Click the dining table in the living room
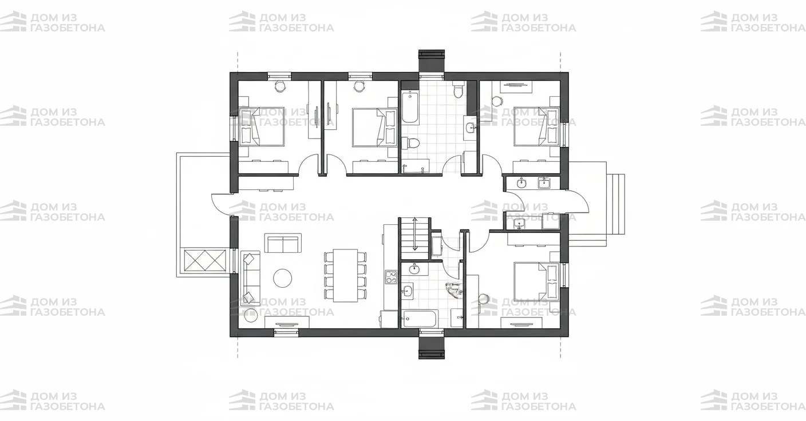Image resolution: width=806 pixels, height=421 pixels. [x=345, y=275]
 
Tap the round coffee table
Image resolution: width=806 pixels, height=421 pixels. [x=283, y=278]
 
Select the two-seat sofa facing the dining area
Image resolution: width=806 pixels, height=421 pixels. [x=283, y=243]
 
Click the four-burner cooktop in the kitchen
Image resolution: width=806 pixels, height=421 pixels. [x=391, y=277]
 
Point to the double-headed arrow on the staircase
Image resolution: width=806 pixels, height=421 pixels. [x=415, y=234]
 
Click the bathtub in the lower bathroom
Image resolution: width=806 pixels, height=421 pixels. [x=420, y=318]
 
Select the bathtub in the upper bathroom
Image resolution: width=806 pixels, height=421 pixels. [x=410, y=107]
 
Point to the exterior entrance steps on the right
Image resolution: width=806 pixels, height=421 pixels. [x=615, y=204]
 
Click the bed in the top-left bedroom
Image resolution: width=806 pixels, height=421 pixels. [x=262, y=126]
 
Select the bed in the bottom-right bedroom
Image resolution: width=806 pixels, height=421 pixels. [x=537, y=282]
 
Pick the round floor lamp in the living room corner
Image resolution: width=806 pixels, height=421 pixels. [x=251, y=315]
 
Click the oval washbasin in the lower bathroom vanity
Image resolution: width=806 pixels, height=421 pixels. [x=414, y=268]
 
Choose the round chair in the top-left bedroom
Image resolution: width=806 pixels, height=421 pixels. [x=280, y=86]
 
